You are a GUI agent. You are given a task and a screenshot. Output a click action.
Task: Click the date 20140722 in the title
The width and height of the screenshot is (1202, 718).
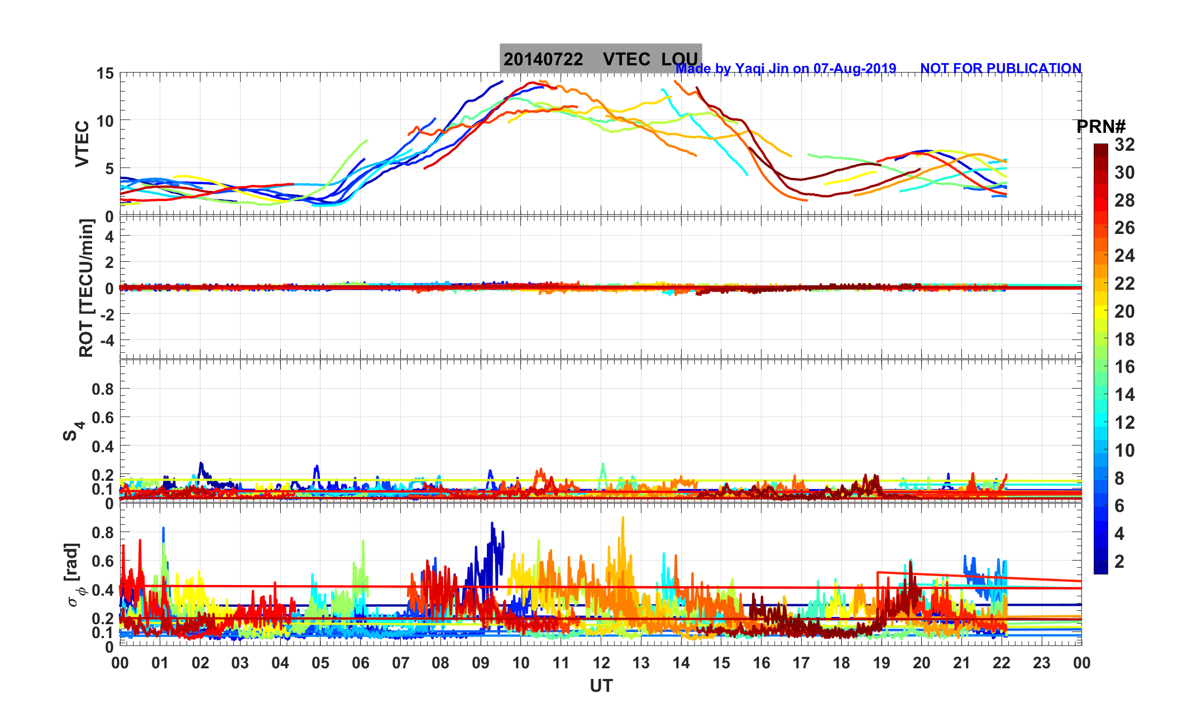click(x=543, y=59)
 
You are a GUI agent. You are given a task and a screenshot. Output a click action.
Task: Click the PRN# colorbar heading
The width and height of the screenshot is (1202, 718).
click(x=1101, y=127)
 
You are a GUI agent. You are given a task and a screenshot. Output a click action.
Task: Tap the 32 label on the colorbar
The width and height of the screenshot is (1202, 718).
click(x=1124, y=145)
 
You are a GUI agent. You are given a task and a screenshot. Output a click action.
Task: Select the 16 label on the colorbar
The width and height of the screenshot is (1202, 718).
click(x=1124, y=367)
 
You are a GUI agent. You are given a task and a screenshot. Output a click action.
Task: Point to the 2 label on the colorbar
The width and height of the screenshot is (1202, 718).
click(x=1119, y=561)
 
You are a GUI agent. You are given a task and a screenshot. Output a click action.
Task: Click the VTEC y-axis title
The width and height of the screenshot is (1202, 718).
click(x=82, y=143)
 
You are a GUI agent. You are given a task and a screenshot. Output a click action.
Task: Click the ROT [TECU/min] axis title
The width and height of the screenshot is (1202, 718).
click(x=86, y=288)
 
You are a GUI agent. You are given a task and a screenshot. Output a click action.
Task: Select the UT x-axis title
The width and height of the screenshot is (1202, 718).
click(x=601, y=686)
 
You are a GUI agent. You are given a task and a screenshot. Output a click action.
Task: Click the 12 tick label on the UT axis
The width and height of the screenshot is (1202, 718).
click(x=601, y=663)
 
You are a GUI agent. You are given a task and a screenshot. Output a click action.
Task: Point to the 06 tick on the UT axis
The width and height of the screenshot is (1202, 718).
click(x=361, y=663)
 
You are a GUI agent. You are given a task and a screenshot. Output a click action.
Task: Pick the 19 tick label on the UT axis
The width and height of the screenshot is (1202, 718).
click(x=882, y=663)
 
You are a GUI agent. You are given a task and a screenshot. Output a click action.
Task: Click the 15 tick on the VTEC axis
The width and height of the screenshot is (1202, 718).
click(x=105, y=73)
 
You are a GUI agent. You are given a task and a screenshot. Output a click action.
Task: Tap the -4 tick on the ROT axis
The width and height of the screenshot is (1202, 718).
click(x=107, y=340)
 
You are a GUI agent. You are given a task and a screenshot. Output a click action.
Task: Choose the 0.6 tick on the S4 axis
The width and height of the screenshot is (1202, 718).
click(x=103, y=417)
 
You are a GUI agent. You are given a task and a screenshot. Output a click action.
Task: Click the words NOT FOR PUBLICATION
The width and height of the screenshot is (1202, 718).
click(x=1000, y=68)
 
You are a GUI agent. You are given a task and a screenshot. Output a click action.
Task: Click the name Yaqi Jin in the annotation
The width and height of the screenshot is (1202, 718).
click(x=762, y=68)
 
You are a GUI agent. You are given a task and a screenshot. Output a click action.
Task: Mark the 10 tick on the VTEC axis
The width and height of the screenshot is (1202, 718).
click(x=105, y=121)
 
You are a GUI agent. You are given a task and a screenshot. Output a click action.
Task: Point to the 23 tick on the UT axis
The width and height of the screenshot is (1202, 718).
click(x=1042, y=663)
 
